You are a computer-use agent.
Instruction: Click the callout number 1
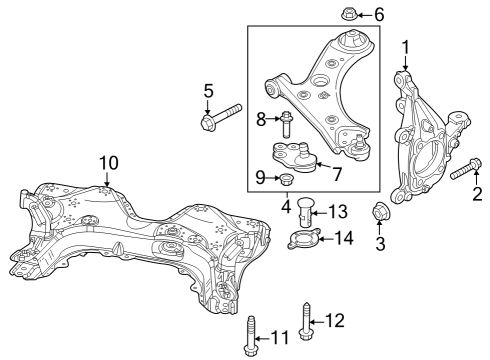pyautogui.click(x=405, y=46)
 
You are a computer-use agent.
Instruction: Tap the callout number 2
pyautogui.click(x=477, y=193)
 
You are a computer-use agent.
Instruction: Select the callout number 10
pyautogui.click(x=107, y=161)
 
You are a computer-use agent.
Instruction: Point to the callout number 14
pyautogui.click(x=343, y=238)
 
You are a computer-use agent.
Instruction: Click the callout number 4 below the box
pyautogui.click(x=286, y=208)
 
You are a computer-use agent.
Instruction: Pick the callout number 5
pyautogui.click(x=208, y=91)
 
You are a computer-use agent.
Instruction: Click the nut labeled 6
pyautogui.click(x=349, y=15)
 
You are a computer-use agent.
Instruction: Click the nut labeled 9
pyautogui.click(x=284, y=180)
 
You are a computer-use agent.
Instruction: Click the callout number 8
pyautogui.click(x=261, y=120)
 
